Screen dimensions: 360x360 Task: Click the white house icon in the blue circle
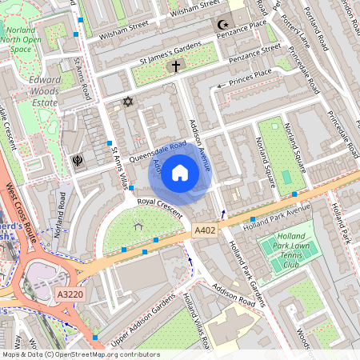[180, 172]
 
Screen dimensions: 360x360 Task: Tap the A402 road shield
[205, 230]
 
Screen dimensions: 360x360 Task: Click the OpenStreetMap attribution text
[80, 354]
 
